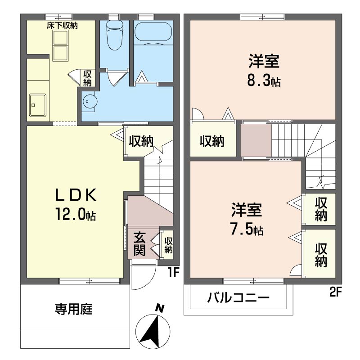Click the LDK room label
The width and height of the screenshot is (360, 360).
pyautogui.click(x=76, y=195)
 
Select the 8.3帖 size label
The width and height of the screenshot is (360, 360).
pyautogui.click(x=263, y=81)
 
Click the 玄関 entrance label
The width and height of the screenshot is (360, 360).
pyautogui.click(x=139, y=243)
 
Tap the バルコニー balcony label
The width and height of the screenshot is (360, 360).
pyautogui.click(x=238, y=298)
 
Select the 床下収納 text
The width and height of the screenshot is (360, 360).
pyautogui.click(x=62, y=26)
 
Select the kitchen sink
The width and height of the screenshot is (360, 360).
pyautogui.click(x=38, y=105)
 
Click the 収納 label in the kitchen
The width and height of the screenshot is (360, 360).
pyautogui.click(x=87, y=78)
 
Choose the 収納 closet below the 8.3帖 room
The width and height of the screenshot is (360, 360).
pyautogui.click(x=212, y=141)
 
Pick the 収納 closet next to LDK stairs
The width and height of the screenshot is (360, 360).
pyautogui.click(x=141, y=141)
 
